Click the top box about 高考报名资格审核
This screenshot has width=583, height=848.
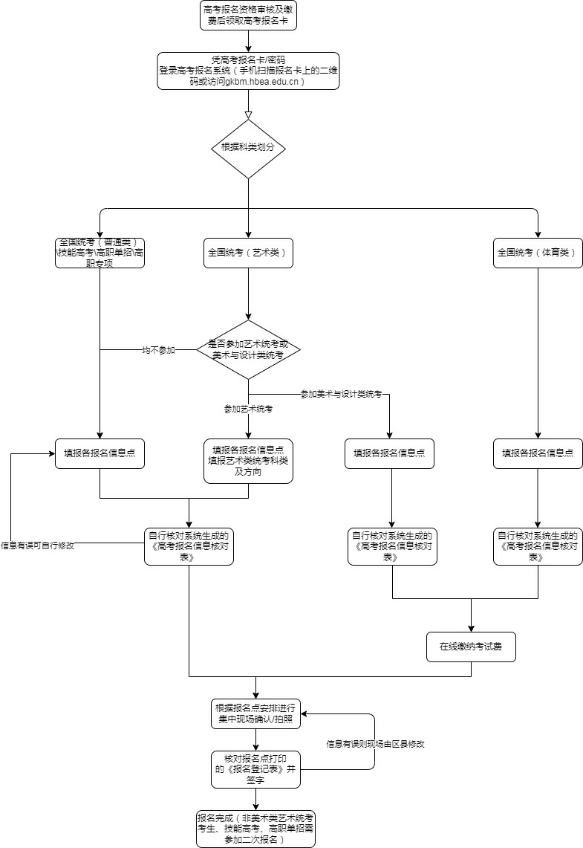(248, 15)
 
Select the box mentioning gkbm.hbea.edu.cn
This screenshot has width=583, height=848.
(248, 71)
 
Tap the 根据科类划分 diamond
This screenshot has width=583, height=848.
(248, 149)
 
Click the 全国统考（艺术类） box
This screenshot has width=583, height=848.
(248, 253)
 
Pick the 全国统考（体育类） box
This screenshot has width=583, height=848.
(538, 253)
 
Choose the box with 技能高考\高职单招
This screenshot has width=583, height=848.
(100, 253)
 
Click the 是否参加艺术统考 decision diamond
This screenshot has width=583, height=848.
(248, 349)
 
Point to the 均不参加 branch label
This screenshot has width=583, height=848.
(158, 351)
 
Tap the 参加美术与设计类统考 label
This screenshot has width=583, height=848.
(341, 394)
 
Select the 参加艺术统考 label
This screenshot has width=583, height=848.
(248, 409)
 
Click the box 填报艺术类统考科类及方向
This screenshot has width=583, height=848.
(248, 461)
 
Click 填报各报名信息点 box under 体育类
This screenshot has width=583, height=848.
(538, 453)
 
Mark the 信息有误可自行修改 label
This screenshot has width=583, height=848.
(37, 546)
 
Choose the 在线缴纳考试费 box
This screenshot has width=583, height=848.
(471, 647)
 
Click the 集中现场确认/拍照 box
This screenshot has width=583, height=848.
(255, 714)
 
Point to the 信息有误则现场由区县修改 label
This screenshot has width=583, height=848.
(375, 744)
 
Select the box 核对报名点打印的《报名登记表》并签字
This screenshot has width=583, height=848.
(255, 769)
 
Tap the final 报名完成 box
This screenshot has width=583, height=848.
(255, 829)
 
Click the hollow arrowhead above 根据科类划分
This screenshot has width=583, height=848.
(248, 115)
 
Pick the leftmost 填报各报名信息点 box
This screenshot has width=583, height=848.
(100, 453)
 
